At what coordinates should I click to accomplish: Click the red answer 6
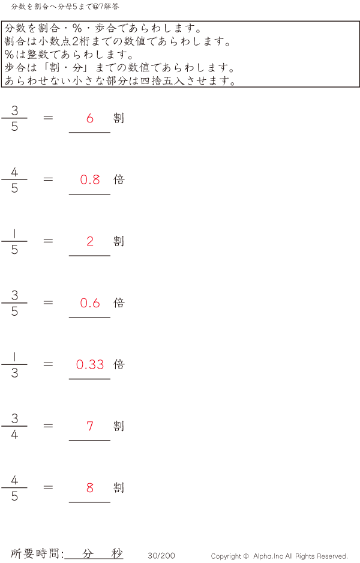click(x=90, y=118)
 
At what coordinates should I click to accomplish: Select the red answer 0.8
click(x=90, y=179)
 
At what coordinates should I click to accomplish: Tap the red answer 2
click(x=90, y=241)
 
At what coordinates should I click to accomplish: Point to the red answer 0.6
click(x=90, y=303)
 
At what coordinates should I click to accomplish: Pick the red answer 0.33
click(x=90, y=364)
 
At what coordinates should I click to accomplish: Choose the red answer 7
click(x=90, y=426)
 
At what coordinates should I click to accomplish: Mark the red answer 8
click(x=90, y=488)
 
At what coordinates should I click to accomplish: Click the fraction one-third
click(x=14, y=365)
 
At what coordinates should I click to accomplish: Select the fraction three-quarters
click(x=14, y=427)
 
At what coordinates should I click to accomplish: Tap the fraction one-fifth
click(x=14, y=241)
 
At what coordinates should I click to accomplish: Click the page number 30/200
click(x=161, y=556)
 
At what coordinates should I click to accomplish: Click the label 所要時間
click(x=37, y=554)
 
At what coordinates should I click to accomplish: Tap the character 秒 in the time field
click(x=117, y=554)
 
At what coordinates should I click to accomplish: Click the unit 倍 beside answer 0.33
click(x=119, y=364)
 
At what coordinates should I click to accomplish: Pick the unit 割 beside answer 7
click(x=119, y=426)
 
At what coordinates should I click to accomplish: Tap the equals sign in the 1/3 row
click(x=49, y=364)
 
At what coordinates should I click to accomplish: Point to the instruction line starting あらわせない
click(x=120, y=81)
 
